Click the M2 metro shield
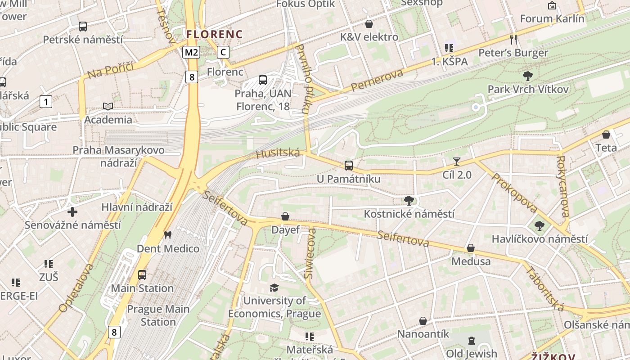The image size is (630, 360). (x=191, y=52)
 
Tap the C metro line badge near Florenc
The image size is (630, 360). (x=223, y=52)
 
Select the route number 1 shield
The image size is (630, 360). (x=45, y=102)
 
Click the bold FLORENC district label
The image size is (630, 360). (x=215, y=34)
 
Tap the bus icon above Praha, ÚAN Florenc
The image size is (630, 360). (x=263, y=80)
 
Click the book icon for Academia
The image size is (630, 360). (x=108, y=106)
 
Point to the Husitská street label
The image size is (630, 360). (x=278, y=153)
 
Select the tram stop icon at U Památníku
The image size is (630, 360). (x=349, y=165)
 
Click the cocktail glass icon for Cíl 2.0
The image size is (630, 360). (x=457, y=161)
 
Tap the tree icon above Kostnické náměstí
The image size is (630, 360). (x=409, y=200)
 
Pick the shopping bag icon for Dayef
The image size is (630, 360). (x=285, y=216)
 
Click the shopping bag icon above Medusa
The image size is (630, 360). (x=471, y=248)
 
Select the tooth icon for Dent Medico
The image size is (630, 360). (x=168, y=235)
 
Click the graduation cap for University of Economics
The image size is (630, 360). (x=274, y=287)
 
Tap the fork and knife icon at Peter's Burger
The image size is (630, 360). (x=513, y=39)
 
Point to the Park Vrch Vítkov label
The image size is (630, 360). (x=528, y=89)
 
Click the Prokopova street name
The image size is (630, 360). (x=514, y=193)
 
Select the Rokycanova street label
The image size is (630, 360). (x=563, y=186)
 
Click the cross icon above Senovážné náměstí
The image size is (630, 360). (x=72, y=211)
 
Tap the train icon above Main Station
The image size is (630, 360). (x=142, y=274)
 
